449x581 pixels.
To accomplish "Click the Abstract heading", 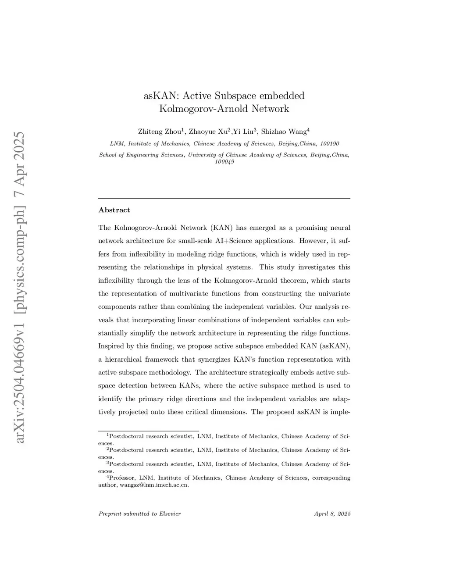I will pyautogui.click(x=114, y=210).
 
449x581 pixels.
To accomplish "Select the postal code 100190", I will pyautogui.click(x=330, y=143).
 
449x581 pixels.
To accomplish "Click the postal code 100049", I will pyautogui.click(x=224, y=161).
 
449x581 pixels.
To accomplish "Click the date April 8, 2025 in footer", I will pyautogui.click(x=332, y=513).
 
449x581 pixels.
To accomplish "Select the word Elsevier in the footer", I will pyautogui.click(x=170, y=513).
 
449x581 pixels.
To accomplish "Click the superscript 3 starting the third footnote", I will pyautogui.click(x=107, y=463).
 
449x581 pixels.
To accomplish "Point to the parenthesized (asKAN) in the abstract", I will pyautogui.click(x=335, y=346).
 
